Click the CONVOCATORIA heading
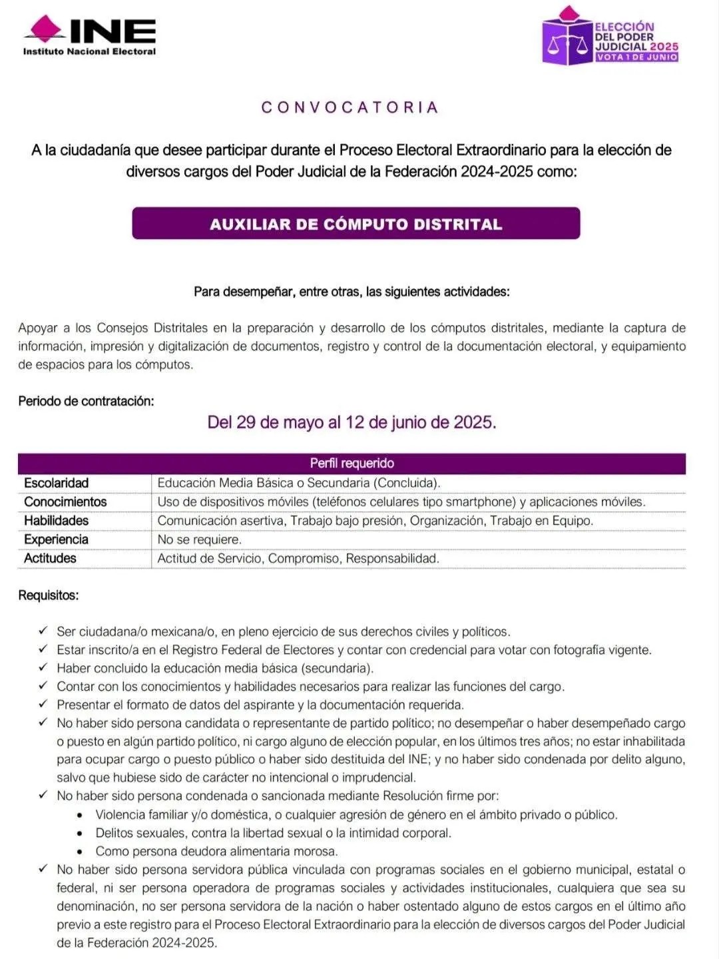pos(350,107)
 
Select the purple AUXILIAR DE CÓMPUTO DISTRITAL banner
pos(356,224)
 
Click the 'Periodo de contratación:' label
pos(86,401)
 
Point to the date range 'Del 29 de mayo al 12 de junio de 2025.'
pos(352,422)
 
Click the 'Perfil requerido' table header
pos(352,463)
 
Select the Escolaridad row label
pos(56,483)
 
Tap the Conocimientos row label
pos(65,501)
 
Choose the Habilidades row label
pos(56,520)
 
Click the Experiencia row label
pos(56,539)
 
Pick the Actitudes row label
pos(50,558)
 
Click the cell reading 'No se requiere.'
pos(199,539)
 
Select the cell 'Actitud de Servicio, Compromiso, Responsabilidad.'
pos(298,558)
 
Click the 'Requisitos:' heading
pos(48,595)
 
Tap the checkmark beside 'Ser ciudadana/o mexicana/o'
pos(43,631)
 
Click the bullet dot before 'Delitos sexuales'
pos(80,833)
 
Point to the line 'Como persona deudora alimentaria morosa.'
pos(216,851)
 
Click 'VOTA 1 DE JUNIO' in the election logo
pos(636,57)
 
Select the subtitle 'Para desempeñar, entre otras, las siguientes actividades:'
pos(352,292)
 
